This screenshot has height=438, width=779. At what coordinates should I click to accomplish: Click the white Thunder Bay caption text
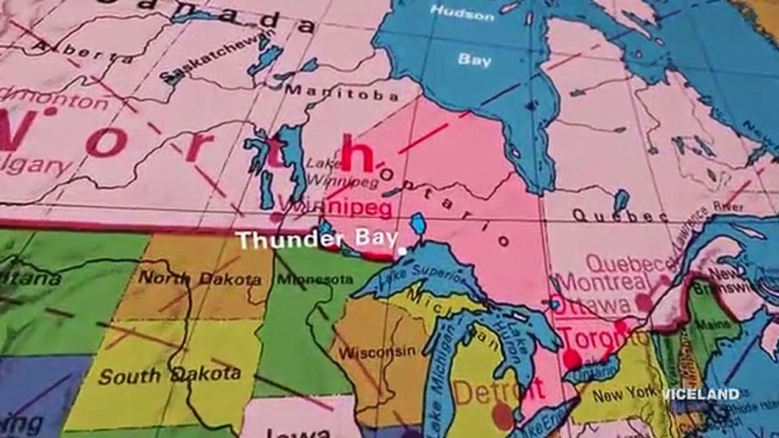tap(317, 240)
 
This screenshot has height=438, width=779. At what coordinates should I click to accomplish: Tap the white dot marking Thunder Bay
tap(402, 250)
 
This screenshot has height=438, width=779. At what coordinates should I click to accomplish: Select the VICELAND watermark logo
tap(700, 394)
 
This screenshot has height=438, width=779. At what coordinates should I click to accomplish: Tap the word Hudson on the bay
tap(462, 12)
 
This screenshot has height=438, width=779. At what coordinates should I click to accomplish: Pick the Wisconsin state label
tap(377, 352)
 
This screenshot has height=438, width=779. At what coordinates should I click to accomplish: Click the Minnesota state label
tap(315, 280)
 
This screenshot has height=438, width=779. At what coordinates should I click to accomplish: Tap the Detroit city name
tap(498, 391)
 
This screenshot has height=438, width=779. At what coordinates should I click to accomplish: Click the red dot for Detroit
tap(503, 416)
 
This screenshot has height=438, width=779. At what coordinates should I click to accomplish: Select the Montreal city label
tap(604, 282)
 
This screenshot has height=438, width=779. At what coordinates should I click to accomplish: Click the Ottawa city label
tap(593, 305)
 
